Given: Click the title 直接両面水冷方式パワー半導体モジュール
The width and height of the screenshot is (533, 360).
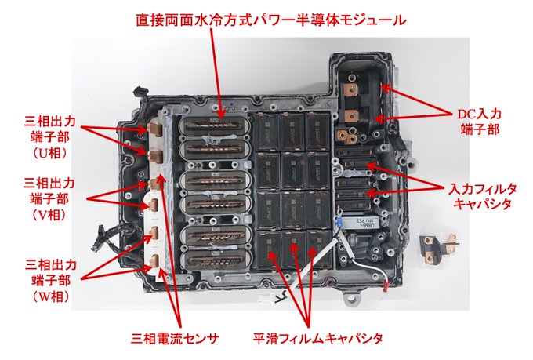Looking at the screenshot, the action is pyautogui.click(x=271, y=20).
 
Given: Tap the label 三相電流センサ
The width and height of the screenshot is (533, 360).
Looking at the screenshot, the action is pyautogui.click(x=175, y=339).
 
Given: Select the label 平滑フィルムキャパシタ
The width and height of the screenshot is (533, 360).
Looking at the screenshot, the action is pyautogui.click(x=317, y=338).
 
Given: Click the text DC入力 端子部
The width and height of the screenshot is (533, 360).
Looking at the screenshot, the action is pyautogui.click(x=479, y=122).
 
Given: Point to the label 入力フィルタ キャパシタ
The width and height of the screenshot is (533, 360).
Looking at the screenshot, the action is pyautogui.click(x=483, y=196).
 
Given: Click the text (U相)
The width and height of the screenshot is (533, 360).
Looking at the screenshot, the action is pyautogui.click(x=50, y=153).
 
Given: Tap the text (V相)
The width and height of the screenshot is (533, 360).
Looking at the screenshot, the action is pyautogui.click(x=49, y=214).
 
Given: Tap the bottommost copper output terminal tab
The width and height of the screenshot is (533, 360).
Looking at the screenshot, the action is pyautogui.click(x=154, y=261).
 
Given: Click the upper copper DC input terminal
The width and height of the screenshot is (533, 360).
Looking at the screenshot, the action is pyautogui.click(x=351, y=90).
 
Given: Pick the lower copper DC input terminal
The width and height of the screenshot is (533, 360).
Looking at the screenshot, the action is pyautogui.click(x=351, y=116).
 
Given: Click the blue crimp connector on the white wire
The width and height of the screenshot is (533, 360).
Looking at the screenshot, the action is pyautogui.click(x=339, y=222).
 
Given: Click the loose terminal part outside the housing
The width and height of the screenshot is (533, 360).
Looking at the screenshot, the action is pyautogui.click(x=438, y=249).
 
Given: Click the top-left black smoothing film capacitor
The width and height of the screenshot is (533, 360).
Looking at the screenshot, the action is pyautogui.click(x=267, y=132).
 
